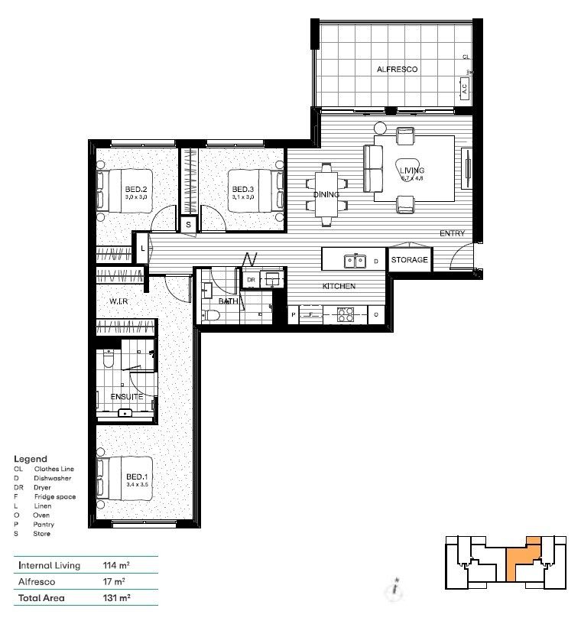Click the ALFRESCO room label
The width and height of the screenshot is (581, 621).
point(397,70)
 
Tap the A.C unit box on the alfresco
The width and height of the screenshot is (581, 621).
point(464,89)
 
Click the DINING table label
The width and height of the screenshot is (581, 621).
point(326,194)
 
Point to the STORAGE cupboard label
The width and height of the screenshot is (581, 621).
point(410,260)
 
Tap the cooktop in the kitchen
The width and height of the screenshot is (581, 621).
point(346,313)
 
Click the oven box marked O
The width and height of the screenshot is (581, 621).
point(376,314)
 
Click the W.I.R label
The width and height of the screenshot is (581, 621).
point(118,302)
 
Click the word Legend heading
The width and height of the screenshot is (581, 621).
point(31,459)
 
